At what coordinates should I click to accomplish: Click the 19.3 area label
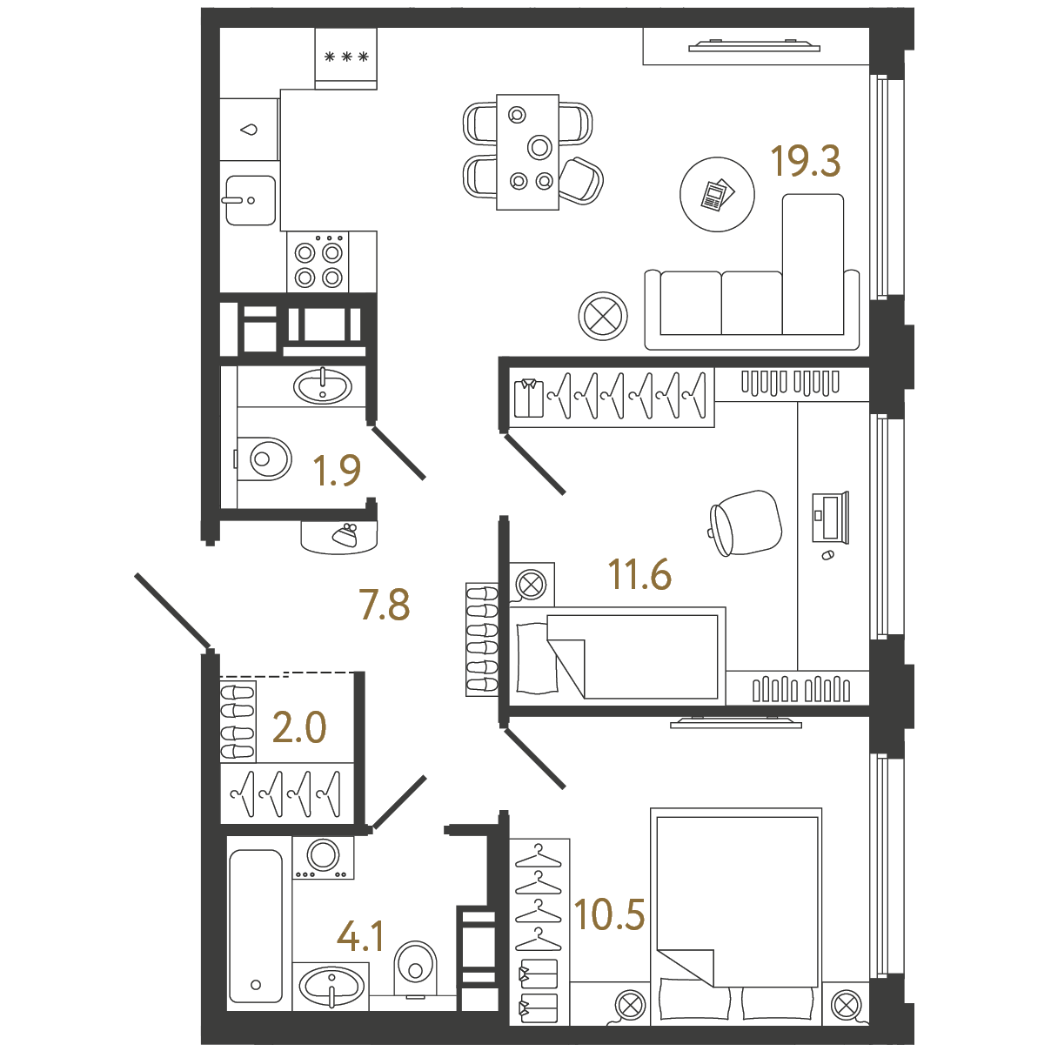tap(805, 161)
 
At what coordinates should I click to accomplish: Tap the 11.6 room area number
tap(639, 574)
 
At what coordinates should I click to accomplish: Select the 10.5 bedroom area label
tap(610, 914)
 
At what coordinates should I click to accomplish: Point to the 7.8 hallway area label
tap(385, 605)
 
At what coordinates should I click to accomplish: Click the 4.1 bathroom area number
tap(361, 936)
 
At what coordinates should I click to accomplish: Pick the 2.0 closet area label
tap(299, 727)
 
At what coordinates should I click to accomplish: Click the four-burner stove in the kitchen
tap(318, 263)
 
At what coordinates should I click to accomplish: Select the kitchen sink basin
tap(251, 200)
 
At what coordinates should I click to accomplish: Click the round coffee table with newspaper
tap(717, 194)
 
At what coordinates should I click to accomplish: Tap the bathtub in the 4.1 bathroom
tap(256, 934)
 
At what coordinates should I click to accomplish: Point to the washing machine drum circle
tap(323, 854)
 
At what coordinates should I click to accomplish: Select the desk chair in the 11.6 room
tap(746, 523)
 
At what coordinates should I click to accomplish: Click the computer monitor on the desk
tap(831, 517)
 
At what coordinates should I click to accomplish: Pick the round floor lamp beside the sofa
tap(603, 316)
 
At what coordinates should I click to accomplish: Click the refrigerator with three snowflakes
tap(345, 58)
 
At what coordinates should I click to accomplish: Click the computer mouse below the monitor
tap(827, 555)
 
